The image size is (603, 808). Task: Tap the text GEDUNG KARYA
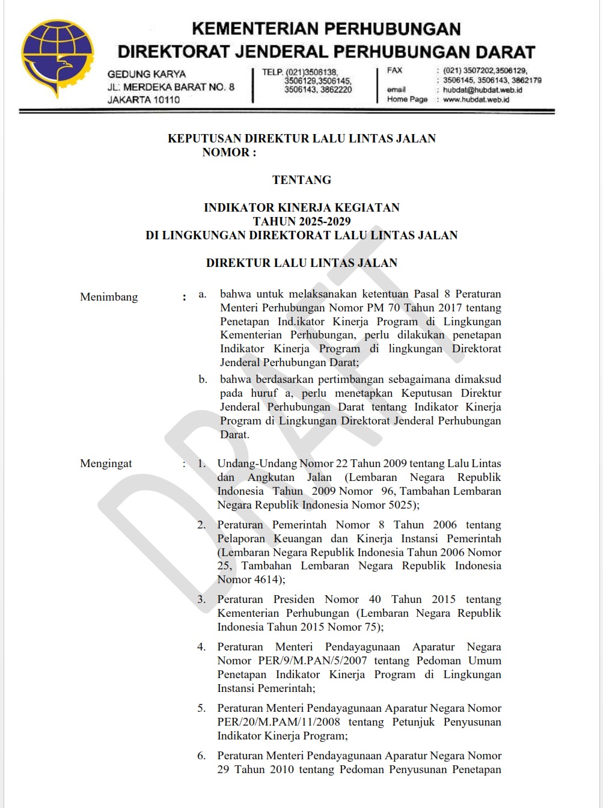point(146,74)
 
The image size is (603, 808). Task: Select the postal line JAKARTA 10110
point(143,100)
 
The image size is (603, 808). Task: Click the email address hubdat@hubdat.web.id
point(482,90)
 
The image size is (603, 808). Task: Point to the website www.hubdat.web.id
point(476,100)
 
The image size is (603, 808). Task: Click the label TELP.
point(272,72)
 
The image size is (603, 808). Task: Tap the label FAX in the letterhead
point(394,70)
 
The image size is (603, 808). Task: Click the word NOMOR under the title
point(225,153)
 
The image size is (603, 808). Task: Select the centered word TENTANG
point(301,180)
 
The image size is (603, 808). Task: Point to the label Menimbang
point(109,297)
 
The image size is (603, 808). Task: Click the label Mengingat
point(106,464)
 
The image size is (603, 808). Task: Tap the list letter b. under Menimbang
point(203,379)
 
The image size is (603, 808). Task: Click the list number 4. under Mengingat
point(201,647)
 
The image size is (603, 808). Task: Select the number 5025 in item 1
point(401,505)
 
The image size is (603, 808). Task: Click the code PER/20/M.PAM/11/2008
point(278,722)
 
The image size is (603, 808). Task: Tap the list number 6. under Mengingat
point(201,756)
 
